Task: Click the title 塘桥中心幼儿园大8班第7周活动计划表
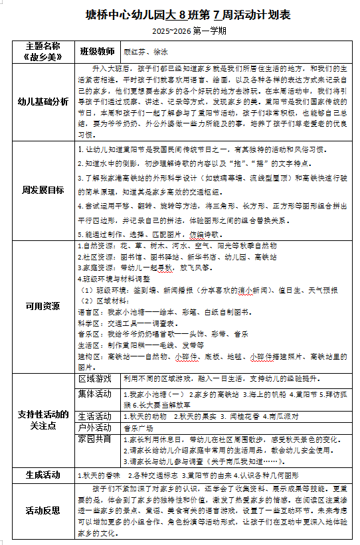pyautogui.click(x=179, y=15)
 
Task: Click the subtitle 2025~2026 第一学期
pyautogui.click(x=179, y=31)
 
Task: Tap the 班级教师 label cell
pyautogui.click(x=98, y=51)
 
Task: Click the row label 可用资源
pyautogui.click(x=43, y=307)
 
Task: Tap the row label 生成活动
pyautogui.click(x=43, y=475)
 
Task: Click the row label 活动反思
pyautogui.click(x=43, y=510)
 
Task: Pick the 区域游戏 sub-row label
pyautogui.click(x=96, y=379)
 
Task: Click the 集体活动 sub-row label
pyautogui.click(x=96, y=393)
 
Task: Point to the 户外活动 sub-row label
pyautogui.click(x=96, y=428)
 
